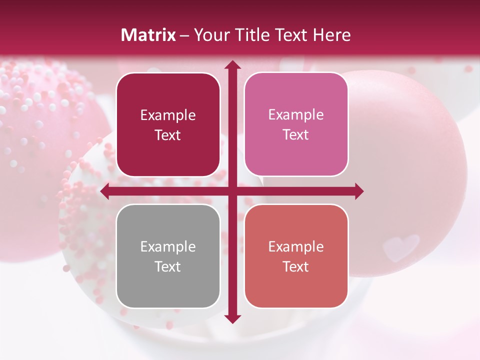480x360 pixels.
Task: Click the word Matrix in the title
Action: click(148, 35)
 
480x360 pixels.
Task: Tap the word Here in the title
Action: click(331, 35)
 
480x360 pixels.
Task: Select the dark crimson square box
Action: click(168, 124)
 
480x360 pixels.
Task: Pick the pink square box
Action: click(296, 124)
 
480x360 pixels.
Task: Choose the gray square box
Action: click(168, 256)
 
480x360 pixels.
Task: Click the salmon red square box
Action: click(296, 256)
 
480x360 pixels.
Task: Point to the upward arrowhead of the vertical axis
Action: click(232, 65)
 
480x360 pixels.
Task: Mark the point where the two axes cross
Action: click(232, 191)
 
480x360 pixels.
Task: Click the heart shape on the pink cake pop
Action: click(401, 245)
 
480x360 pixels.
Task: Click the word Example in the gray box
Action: click(168, 247)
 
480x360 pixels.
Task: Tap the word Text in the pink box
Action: click(296, 134)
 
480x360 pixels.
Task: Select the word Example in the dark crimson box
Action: click(168, 115)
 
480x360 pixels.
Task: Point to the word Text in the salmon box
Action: click(296, 266)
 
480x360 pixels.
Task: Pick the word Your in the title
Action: click(212, 35)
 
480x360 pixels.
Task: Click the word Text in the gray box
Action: click(168, 266)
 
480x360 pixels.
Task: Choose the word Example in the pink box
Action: click(296, 115)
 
